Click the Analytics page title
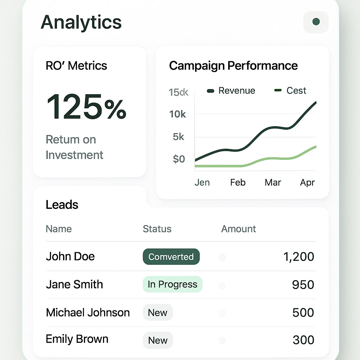81,22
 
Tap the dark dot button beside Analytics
316,22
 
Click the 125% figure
86,107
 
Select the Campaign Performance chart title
233,66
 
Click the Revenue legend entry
231,91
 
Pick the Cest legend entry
290,91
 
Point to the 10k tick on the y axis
178,114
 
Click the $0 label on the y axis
179,159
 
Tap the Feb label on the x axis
238,182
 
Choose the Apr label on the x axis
307,182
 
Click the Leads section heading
62,205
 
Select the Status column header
157,229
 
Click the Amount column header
238,229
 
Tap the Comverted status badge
171,257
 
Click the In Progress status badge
172,284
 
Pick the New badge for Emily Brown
157,340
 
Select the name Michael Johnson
88,313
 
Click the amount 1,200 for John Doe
298,257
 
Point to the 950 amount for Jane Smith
303,284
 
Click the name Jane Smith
74,284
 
